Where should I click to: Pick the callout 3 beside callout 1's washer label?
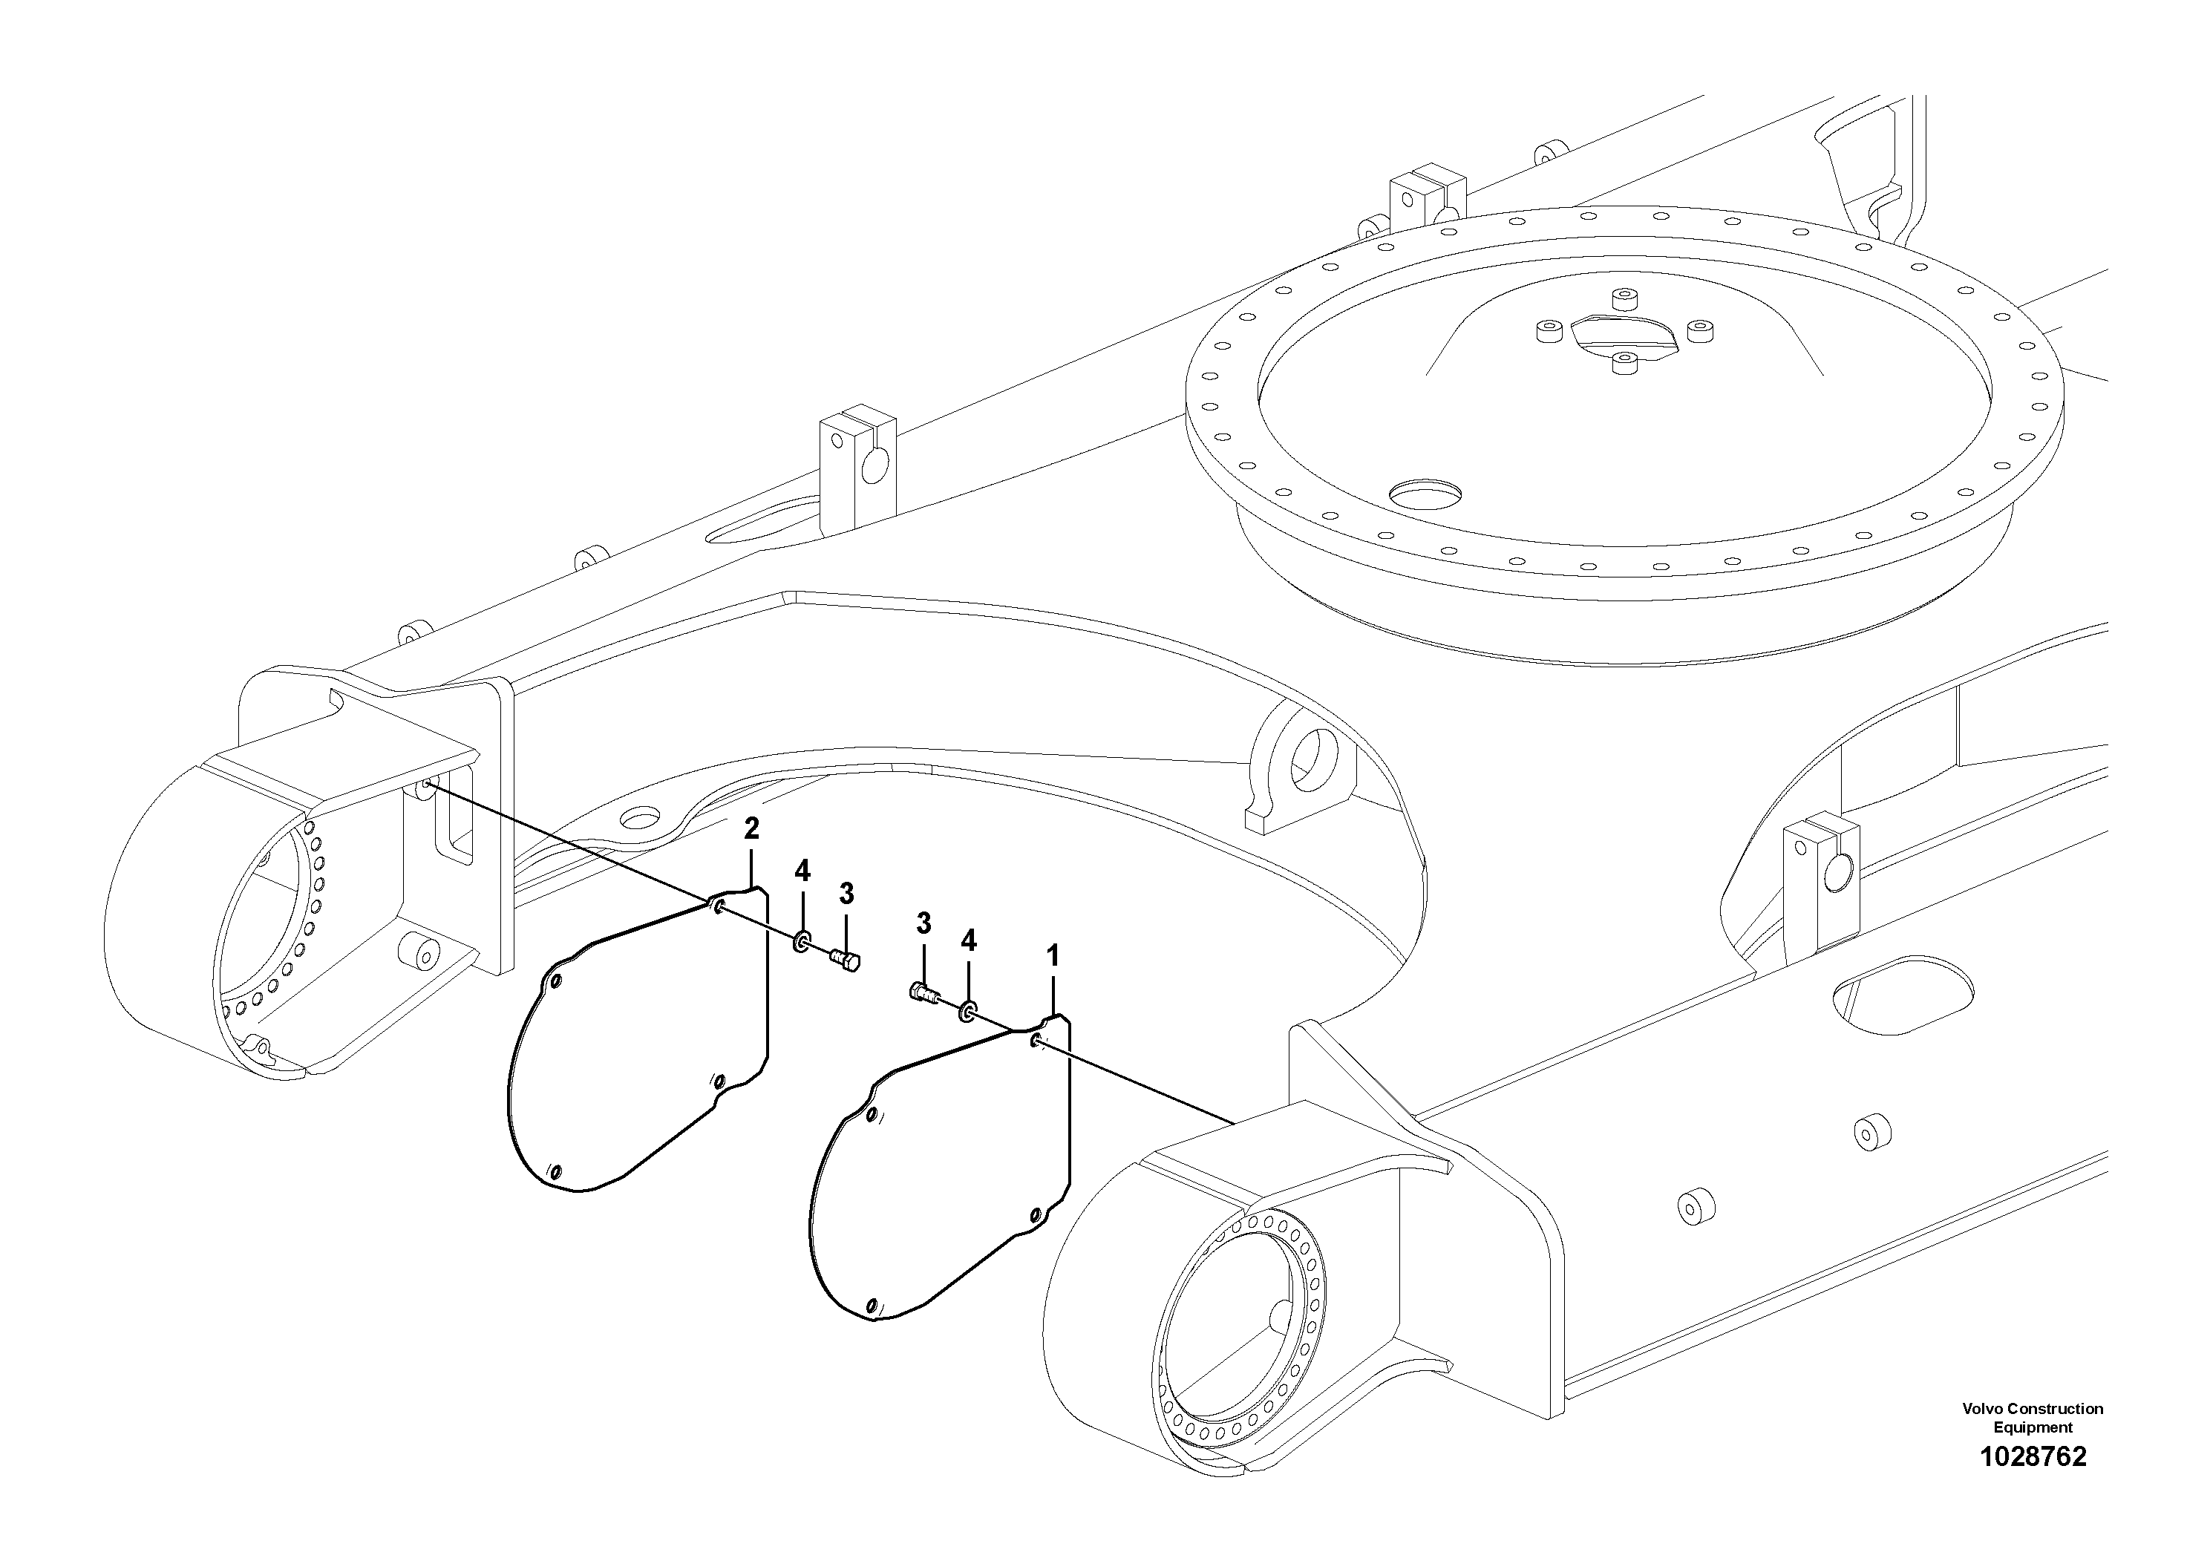(x=923, y=924)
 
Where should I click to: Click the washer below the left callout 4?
(x=801, y=942)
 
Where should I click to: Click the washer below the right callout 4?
(x=967, y=1012)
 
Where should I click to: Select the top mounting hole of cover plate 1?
(x=1034, y=1041)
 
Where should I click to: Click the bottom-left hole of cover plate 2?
(x=555, y=1171)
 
